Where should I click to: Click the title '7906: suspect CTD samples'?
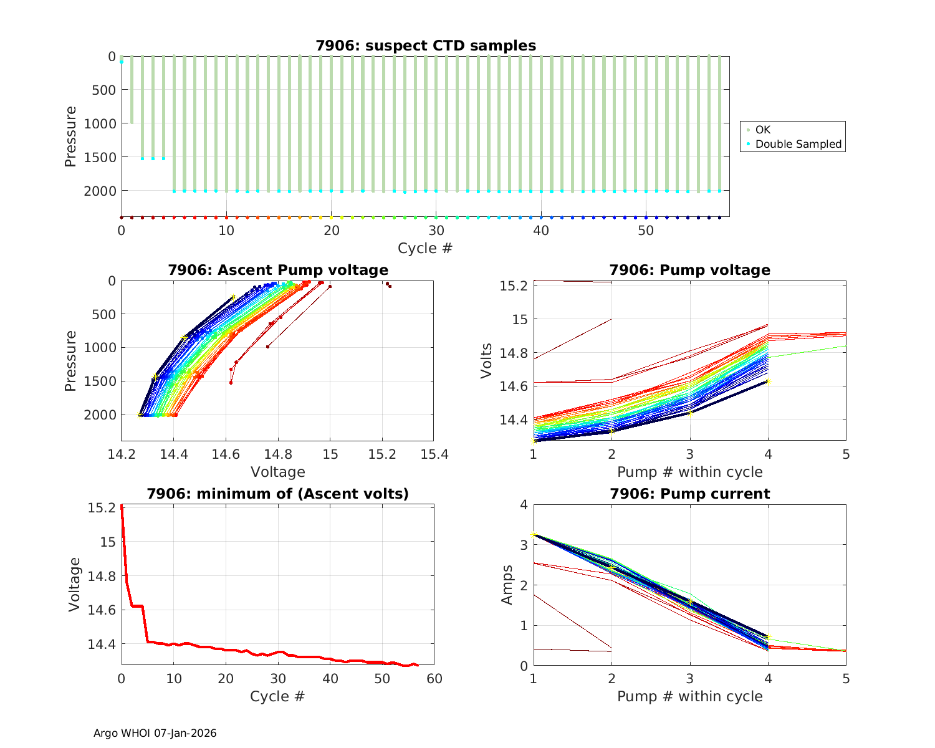click(x=426, y=46)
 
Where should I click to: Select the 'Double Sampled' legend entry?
click(x=798, y=144)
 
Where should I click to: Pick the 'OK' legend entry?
click(x=762, y=130)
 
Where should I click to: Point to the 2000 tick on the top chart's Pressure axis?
click(x=100, y=191)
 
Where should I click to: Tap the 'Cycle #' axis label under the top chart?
click(x=425, y=248)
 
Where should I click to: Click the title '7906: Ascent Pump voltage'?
click(x=278, y=270)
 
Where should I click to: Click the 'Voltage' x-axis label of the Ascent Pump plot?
click(x=278, y=472)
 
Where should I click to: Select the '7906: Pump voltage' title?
click(x=690, y=270)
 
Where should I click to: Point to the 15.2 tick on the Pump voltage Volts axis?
click(x=515, y=286)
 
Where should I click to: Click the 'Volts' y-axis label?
click(x=486, y=361)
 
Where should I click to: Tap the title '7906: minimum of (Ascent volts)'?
click(x=278, y=494)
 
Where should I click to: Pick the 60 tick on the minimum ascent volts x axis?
click(x=434, y=678)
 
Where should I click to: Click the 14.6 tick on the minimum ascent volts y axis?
click(x=102, y=610)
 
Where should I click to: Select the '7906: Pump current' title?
click(x=690, y=494)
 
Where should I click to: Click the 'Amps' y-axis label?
click(x=507, y=585)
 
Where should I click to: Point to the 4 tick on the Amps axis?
click(x=522, y=505)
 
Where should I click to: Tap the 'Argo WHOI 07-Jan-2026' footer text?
click(x=155, y=733)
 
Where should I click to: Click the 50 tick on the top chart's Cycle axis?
click(x=646, y=231)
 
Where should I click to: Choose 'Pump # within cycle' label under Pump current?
click(x=690, y=696)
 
